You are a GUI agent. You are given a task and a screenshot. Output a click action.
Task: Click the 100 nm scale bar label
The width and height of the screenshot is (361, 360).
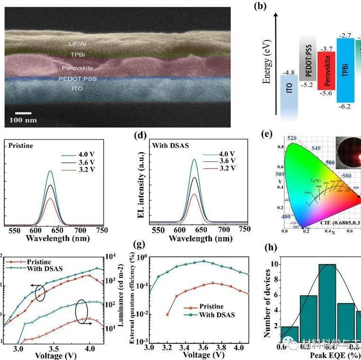[24, 120]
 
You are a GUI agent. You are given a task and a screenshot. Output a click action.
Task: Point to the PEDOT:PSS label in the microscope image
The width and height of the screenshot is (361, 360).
[77, 78]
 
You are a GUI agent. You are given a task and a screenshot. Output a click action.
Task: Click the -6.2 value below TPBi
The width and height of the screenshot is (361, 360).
[346, 107]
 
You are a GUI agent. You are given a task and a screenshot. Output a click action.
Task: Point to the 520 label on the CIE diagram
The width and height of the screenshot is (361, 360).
[293, 138]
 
